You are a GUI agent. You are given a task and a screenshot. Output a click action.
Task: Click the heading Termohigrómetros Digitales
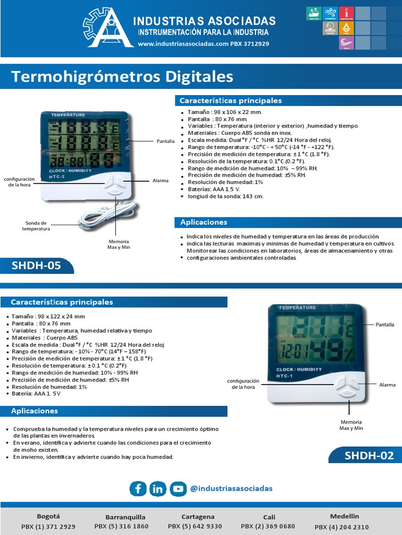(x=122, y=77)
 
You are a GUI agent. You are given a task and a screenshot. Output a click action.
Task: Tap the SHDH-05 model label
(x=36, y=265)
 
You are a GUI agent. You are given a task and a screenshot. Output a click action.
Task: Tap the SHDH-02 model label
(x=368, y=455)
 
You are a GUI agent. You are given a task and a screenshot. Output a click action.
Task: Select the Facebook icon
(x=138, y=489)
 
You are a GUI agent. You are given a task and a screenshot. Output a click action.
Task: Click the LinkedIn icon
(x=158, y=489)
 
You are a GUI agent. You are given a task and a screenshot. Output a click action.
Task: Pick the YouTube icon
(x=178, y=489)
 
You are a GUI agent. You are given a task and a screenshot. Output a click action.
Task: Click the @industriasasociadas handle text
(x=231, y=489)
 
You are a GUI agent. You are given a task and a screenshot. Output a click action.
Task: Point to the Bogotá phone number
(x=48, y=527)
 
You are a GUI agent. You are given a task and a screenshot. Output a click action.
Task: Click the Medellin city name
(x=344, y=516)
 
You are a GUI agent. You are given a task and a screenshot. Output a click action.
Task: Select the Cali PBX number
(x=267, y=527)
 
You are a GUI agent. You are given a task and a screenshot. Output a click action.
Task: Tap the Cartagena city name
(x=198, y=517)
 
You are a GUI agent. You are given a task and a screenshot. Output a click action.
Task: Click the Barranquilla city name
(x=126, y=517)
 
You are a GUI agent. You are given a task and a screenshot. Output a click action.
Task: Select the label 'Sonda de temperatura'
(x=36, y=226)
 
